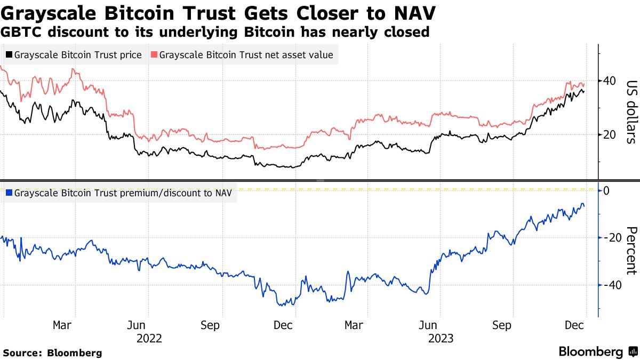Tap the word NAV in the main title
(x=415, y=12)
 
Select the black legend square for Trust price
(x=9, y=54)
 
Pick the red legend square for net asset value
(x=154, y=54)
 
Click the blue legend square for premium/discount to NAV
(x=9, y=193)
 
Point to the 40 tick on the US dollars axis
(x=610, y=81)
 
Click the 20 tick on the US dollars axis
(x=610, y=135)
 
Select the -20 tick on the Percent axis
(x=610, y=238)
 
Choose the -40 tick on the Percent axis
(x=610, y=285)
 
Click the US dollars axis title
(x=631, y=112)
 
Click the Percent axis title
(x=631, y=251)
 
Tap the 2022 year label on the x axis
(x=149, y=338)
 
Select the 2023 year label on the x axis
(x=441, y=338)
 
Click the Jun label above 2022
(x=137, y=325)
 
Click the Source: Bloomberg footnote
(x=52, y=353)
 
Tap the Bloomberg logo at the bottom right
(x=597, y=351)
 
